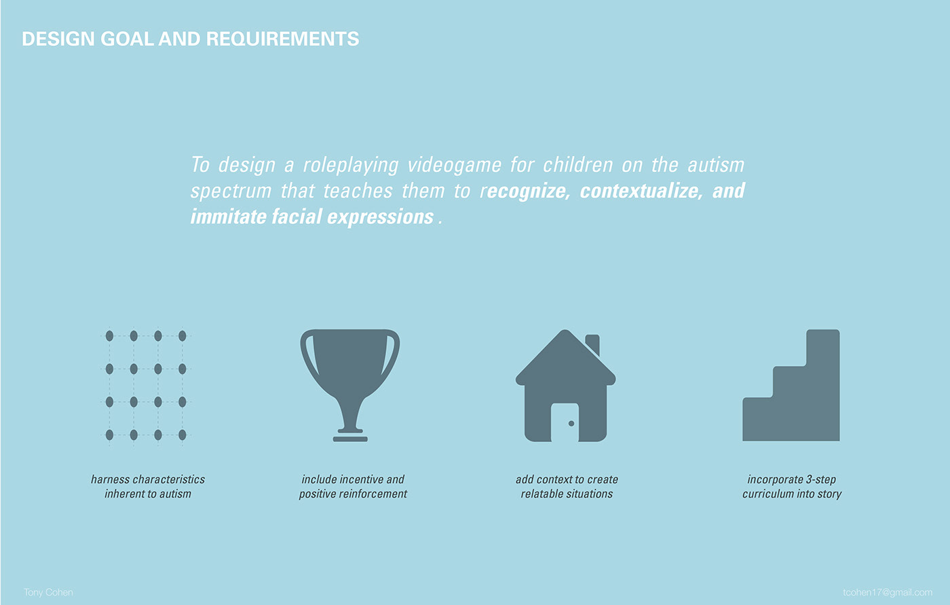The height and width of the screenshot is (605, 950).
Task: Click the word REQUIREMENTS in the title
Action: coord(282,39)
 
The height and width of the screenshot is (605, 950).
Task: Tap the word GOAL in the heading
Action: coord(127,39)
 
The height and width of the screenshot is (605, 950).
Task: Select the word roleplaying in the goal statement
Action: coord(351,166)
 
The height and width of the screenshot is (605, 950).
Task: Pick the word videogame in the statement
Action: coord(454,166)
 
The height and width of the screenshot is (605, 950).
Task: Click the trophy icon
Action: coord(350,385)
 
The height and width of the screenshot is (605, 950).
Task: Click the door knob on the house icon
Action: coord(571,424)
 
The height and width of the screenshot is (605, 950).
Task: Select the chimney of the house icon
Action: coord(593,344)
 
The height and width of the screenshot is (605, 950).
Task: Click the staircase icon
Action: coord(791,385)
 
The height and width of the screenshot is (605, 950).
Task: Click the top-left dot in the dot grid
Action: coord(109,336)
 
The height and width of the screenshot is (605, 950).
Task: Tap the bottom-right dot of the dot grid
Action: coord(183,435)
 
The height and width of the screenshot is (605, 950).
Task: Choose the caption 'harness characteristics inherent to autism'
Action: coord(148,487)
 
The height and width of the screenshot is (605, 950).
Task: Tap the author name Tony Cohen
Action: coord(48,592)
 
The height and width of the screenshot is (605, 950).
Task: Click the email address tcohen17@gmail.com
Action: coord(888,592)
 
